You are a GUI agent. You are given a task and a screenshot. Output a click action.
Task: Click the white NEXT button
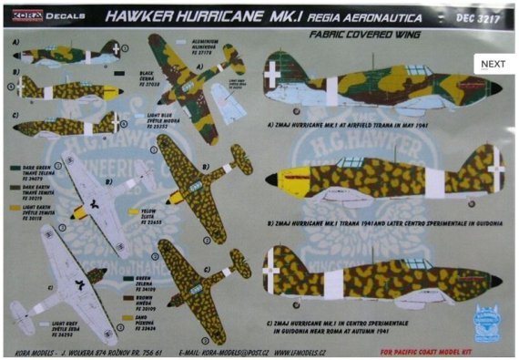pos(493,64)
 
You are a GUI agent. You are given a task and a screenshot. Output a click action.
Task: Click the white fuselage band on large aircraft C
pos(330,276)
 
